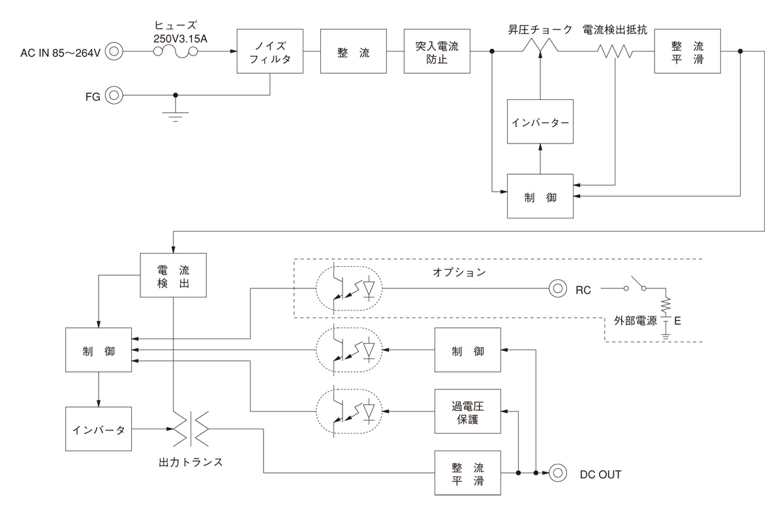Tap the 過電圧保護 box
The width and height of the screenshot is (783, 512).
(x=468, y=412)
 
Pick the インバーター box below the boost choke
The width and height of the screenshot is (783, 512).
(x=540, y=122)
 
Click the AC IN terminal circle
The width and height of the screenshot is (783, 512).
(x=114, y=51)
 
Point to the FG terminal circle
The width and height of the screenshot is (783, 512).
(x=114, y=95)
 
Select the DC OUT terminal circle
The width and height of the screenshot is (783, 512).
(x=557, y=474)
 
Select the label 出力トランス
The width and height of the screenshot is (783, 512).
(x=191, y=462)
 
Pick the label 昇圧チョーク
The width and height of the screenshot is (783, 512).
(x=540, y=30)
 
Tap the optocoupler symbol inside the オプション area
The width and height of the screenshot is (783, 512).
(x=348, y=289)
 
